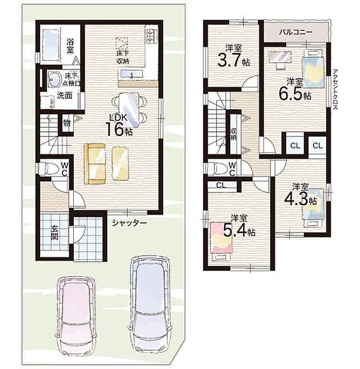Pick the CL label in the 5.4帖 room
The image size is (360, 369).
click(x=221, y=185)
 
